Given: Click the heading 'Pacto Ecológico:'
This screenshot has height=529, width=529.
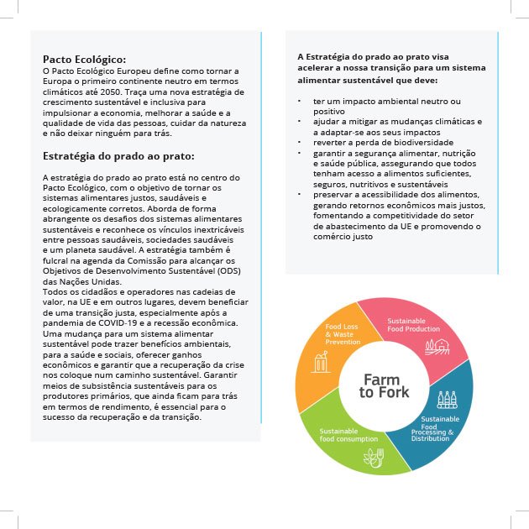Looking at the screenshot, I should [x=84, y=60].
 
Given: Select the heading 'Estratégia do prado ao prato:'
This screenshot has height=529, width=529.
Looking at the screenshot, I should [x=118, y=156].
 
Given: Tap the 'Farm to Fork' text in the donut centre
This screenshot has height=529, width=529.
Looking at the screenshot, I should [x=385, y=386].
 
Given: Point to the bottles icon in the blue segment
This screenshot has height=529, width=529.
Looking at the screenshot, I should [x=448, y=401].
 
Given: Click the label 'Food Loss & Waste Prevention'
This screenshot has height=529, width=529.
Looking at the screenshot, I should [x=343, y=334].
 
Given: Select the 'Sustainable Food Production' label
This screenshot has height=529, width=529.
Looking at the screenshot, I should [x=413, y=325].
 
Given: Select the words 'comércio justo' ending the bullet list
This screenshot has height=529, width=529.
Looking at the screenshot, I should [x=343, y=236].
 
